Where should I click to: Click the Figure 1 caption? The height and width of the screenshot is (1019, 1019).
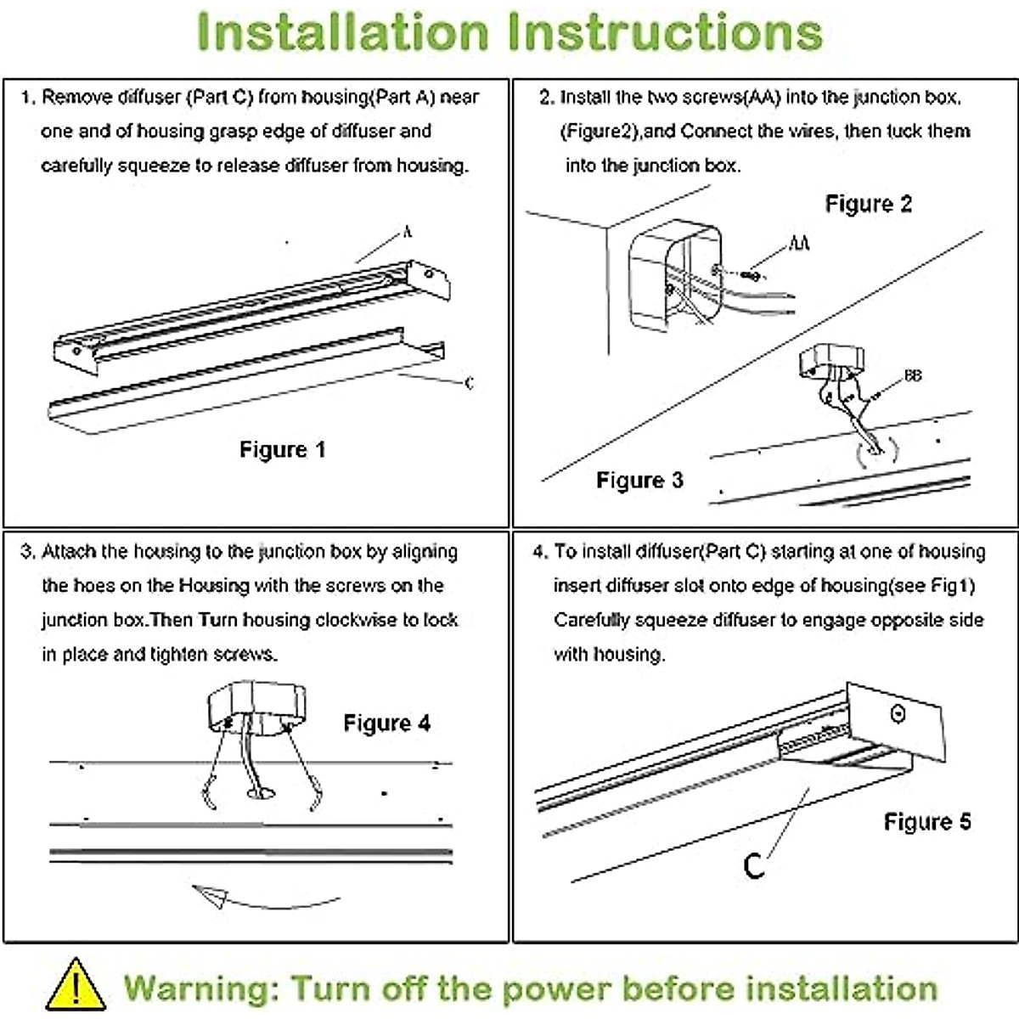[x=282, y=449]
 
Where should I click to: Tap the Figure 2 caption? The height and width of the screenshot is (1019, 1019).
[x=868, y=204]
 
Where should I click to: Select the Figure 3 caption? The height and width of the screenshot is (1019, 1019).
[x=639, y=481]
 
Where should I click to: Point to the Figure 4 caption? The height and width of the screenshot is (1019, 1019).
[x=386, y=723]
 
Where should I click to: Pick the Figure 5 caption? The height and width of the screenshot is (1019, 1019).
[x=927, y=822]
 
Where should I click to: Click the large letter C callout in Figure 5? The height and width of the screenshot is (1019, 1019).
[x=753, y=865]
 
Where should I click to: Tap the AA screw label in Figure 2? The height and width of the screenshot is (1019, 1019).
[x=799, y=244]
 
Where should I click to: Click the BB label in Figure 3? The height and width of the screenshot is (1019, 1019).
[x=913, y=374]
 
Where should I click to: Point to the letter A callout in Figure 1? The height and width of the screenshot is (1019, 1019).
[x=408, y=232]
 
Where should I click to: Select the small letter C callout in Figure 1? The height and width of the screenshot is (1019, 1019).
[x=469, y=383]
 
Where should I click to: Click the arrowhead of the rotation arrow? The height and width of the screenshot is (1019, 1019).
[x=209, y=895]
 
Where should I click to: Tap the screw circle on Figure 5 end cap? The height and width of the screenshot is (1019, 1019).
[x=898, y=713]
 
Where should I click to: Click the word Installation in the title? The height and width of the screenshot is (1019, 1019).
[x=343, y=32]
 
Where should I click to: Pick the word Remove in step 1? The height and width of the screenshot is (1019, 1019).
[x=77, y=97]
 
